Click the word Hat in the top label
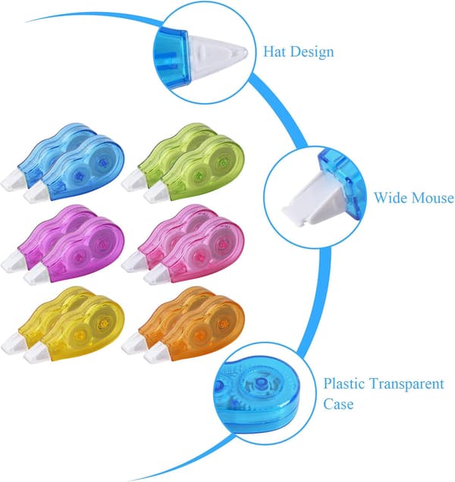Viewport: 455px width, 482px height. point(275,52)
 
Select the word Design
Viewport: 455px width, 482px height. point(312,52)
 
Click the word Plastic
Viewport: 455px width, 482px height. point(344,383)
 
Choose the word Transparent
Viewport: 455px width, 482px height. point(406,384)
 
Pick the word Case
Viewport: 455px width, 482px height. point(338,404)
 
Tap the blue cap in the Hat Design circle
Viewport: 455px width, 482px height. point(171,58)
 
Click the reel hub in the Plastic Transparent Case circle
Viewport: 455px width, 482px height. point(261,384)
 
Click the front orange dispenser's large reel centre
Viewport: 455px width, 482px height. point(221,324)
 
